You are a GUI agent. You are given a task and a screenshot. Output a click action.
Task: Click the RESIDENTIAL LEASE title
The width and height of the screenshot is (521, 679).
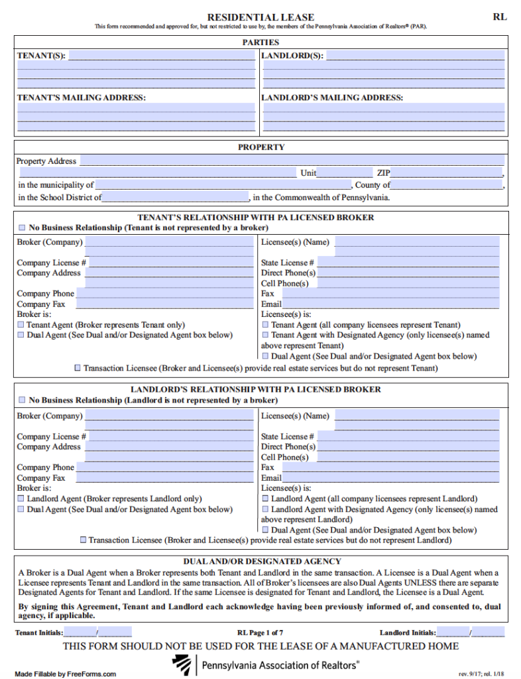260,17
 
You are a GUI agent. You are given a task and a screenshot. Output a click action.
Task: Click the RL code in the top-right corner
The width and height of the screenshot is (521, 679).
499,17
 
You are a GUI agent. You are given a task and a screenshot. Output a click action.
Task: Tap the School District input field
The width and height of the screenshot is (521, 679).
175,198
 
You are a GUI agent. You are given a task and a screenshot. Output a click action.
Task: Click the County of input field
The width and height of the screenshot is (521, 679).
447,185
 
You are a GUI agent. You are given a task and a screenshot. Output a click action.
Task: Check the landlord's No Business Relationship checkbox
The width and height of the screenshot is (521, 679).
22,401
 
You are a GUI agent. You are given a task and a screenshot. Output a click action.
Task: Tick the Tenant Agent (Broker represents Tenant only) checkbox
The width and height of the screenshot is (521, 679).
21,325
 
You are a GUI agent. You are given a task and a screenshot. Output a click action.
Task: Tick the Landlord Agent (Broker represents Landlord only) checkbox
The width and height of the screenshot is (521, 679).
21,499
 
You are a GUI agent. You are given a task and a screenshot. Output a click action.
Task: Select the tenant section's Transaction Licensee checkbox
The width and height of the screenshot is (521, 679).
78,367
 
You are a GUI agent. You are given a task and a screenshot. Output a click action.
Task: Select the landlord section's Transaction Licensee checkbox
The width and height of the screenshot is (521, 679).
83,540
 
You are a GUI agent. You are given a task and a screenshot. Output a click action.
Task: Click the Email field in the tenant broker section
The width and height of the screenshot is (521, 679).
390,304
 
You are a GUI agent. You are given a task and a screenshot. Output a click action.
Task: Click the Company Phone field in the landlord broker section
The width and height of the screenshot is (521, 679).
164,467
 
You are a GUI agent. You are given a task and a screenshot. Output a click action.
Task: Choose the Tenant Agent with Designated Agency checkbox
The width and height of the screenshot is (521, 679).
265,336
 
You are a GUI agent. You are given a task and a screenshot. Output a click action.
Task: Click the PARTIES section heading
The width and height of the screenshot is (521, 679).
260,42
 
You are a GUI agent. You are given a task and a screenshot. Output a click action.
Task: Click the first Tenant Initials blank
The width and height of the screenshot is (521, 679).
80,633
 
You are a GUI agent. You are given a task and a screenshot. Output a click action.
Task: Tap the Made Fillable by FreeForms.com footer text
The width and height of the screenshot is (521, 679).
66,674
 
